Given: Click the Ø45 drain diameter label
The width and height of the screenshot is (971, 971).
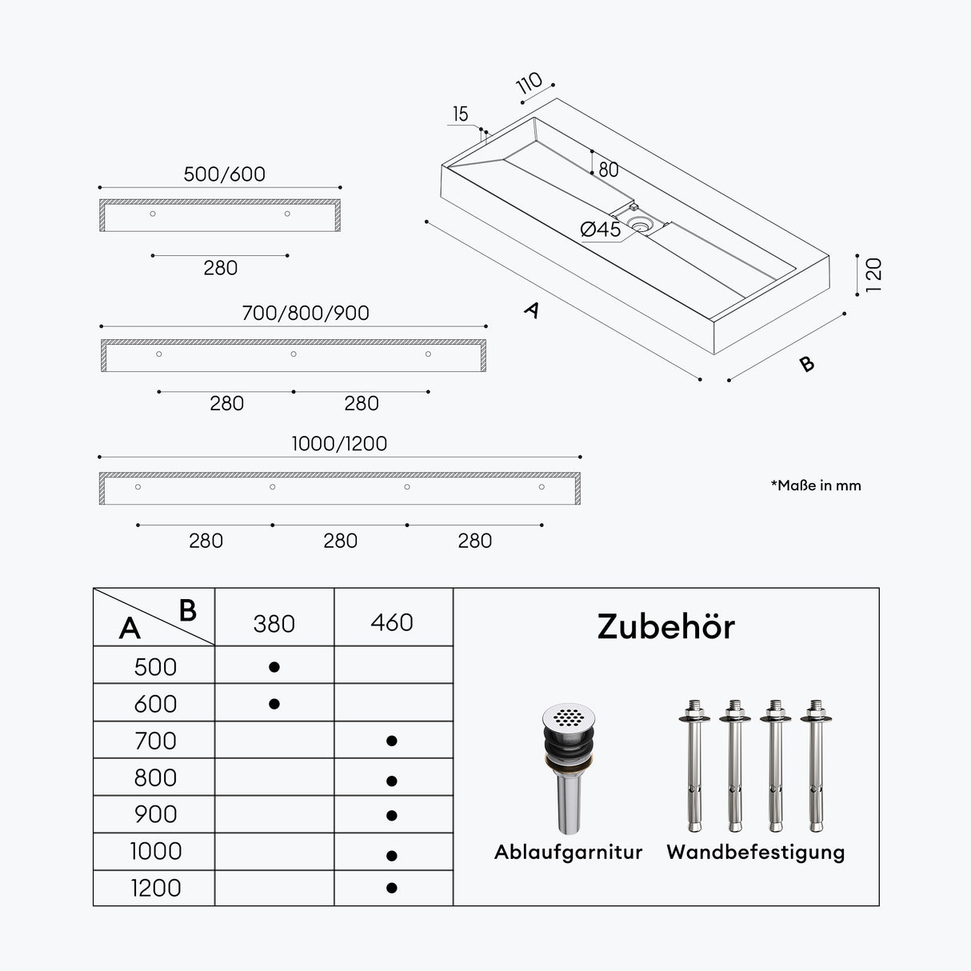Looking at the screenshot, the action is pyautogui.click(x=600, y=230).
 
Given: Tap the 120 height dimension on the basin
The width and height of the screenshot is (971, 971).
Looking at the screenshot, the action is pyautogui.click(x=873, y=275).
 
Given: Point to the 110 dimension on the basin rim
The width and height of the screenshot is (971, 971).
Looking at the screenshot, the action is pyautogui.click(x=529, y=82).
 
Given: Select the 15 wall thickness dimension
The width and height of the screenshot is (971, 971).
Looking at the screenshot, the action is pyautogui.click(x=461, y=114).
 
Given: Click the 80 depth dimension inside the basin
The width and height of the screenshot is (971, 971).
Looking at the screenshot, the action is pyautogui.click(x=609, y=170).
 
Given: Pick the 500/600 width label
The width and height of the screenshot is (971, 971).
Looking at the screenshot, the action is pyautogui.click(x=224, y=174).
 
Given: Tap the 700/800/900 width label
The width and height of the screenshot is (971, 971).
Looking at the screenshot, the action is pyautogui.click(x=306, y=313).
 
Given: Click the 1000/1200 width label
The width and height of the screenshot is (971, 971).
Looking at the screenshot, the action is pyautogui.click(x=339, y=443).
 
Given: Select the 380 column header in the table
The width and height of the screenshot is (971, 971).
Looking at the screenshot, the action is pyautogui.click(x=274, y=624).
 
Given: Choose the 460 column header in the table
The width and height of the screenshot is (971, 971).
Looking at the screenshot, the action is pyautogui.click(x=392, y=623).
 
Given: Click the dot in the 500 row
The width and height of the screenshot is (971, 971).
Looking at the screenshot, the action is pyautogui.click(x=274, y=667).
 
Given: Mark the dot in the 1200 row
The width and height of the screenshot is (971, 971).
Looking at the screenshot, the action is pyautogui.click(x=392, y=888).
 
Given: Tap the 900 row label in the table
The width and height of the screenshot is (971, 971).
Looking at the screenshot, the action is pyautogui.click(x=155, y=814).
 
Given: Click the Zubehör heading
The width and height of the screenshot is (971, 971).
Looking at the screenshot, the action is pyautogui.click(x=666, y=627).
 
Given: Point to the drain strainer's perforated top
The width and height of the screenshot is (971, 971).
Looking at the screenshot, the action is pyautogui.click(x=569, y=717).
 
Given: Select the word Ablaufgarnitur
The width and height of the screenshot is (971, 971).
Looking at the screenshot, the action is pyautogui.click(x=569, y=852).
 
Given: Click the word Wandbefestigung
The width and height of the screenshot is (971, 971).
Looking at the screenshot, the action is pyautogui.click(x=756, y=853).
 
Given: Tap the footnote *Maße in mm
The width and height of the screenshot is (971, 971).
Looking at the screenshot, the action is pyautogui.click(x=816, y=485).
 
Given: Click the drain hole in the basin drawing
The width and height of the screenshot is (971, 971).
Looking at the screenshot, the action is pyautogui.click(x=641, y=222).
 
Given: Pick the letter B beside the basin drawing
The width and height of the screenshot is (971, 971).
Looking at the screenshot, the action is pyautogui.click(x=807, y=364).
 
